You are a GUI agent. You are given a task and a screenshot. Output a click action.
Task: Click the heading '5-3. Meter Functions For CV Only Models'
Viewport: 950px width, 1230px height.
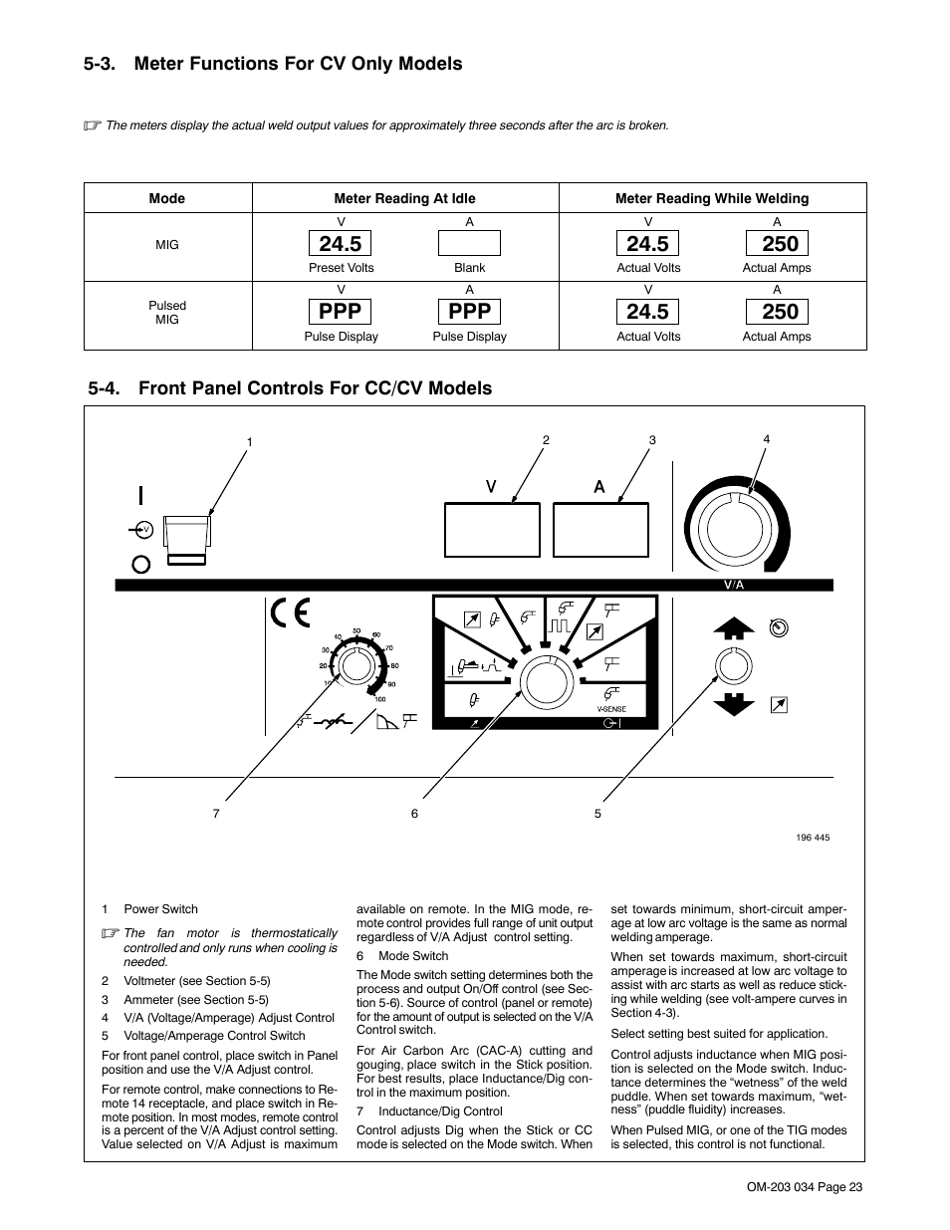coord(274,64)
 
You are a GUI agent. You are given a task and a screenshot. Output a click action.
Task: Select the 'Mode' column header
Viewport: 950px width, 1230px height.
coord(167,198)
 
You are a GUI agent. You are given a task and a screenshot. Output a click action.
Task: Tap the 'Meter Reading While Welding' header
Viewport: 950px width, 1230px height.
coord(712,198)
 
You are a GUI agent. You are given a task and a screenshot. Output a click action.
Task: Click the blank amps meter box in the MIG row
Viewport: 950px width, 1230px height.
coord(469,244)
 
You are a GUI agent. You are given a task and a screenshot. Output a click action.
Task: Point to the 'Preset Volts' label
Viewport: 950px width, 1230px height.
coord(342,268)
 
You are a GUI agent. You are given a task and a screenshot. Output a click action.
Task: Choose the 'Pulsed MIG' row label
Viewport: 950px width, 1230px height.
coord(167,313)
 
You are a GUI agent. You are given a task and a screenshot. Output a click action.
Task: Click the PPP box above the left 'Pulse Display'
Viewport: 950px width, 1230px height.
coord(342,312)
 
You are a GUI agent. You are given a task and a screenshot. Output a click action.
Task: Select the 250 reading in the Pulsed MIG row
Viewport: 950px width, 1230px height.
coord(780,312)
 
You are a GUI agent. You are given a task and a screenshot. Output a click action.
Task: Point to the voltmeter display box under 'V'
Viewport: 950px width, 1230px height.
coord(492,530)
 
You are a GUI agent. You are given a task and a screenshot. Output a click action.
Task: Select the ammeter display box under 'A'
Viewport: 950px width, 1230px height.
coord(600,530)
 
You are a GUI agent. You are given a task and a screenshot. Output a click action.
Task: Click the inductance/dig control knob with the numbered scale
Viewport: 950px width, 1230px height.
coord(353,665)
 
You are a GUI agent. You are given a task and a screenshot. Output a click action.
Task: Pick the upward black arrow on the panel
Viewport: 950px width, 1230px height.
coord(734,627)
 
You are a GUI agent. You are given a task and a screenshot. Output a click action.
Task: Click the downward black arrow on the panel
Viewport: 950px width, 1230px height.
coord(734,702)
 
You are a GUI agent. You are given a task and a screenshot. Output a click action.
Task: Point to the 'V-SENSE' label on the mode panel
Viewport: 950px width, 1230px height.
coord(611,708)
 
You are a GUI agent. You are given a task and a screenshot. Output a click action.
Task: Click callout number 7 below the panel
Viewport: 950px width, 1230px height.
coord(216,814)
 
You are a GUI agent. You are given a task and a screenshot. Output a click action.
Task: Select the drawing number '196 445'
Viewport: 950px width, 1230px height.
coord(813,838)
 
